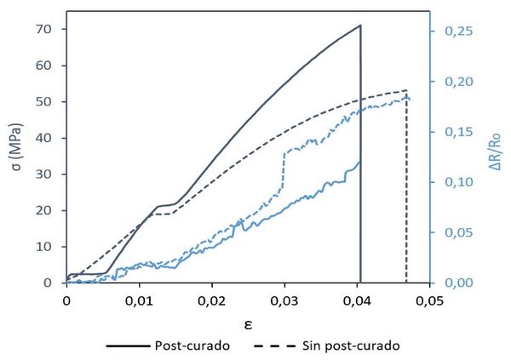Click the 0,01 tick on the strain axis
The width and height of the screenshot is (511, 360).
click(x=139, y=300)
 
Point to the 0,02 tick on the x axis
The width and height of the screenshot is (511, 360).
click(x=211, y=300)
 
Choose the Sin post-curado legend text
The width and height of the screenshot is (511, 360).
click(x=349, y=346)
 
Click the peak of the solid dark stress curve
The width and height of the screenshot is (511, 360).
click(x=360, y=26)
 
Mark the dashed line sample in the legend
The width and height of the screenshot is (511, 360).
click(x=275, y=346)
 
